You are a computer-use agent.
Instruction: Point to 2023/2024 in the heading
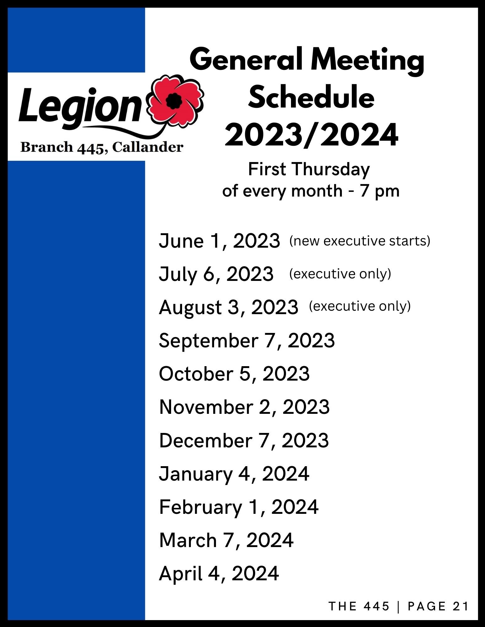(x=311, y=135)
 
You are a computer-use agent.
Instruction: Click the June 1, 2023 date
(x=219, y=241)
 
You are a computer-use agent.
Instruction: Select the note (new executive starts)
(x=360, y=241)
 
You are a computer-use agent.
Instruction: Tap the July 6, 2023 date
(x=216, y=274)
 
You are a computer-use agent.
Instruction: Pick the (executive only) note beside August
(x=360, y=306)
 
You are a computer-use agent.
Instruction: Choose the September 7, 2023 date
(x=247, y=341)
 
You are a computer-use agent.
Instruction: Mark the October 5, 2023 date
(x=234, y=374)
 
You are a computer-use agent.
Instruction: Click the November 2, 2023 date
(x=244, y=407)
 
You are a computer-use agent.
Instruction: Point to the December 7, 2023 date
(x=244, y=440)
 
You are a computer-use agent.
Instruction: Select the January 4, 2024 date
(x=234, y=474)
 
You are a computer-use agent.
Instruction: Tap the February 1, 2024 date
(x=239, y=507)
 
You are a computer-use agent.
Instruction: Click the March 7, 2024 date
(x=226, y=540)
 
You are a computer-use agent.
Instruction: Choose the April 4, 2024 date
(x=219, y=574)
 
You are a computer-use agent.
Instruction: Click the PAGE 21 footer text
(x=438, y=606)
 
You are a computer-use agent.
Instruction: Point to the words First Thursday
(x=309, y=170)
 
